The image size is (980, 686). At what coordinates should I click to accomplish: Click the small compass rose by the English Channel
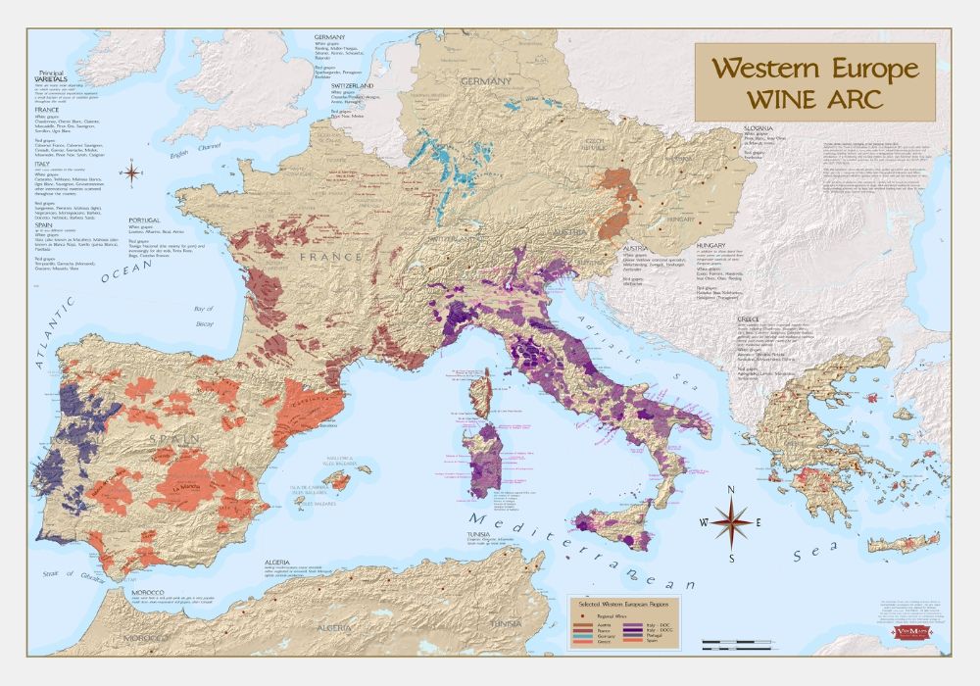pyautogui.click(x=131, y=173)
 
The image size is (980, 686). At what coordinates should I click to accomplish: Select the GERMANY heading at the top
pyautogui.click(x=330, y=37)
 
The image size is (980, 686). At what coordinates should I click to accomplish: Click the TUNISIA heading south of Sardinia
pyautogui.click(x=479, y=534)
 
